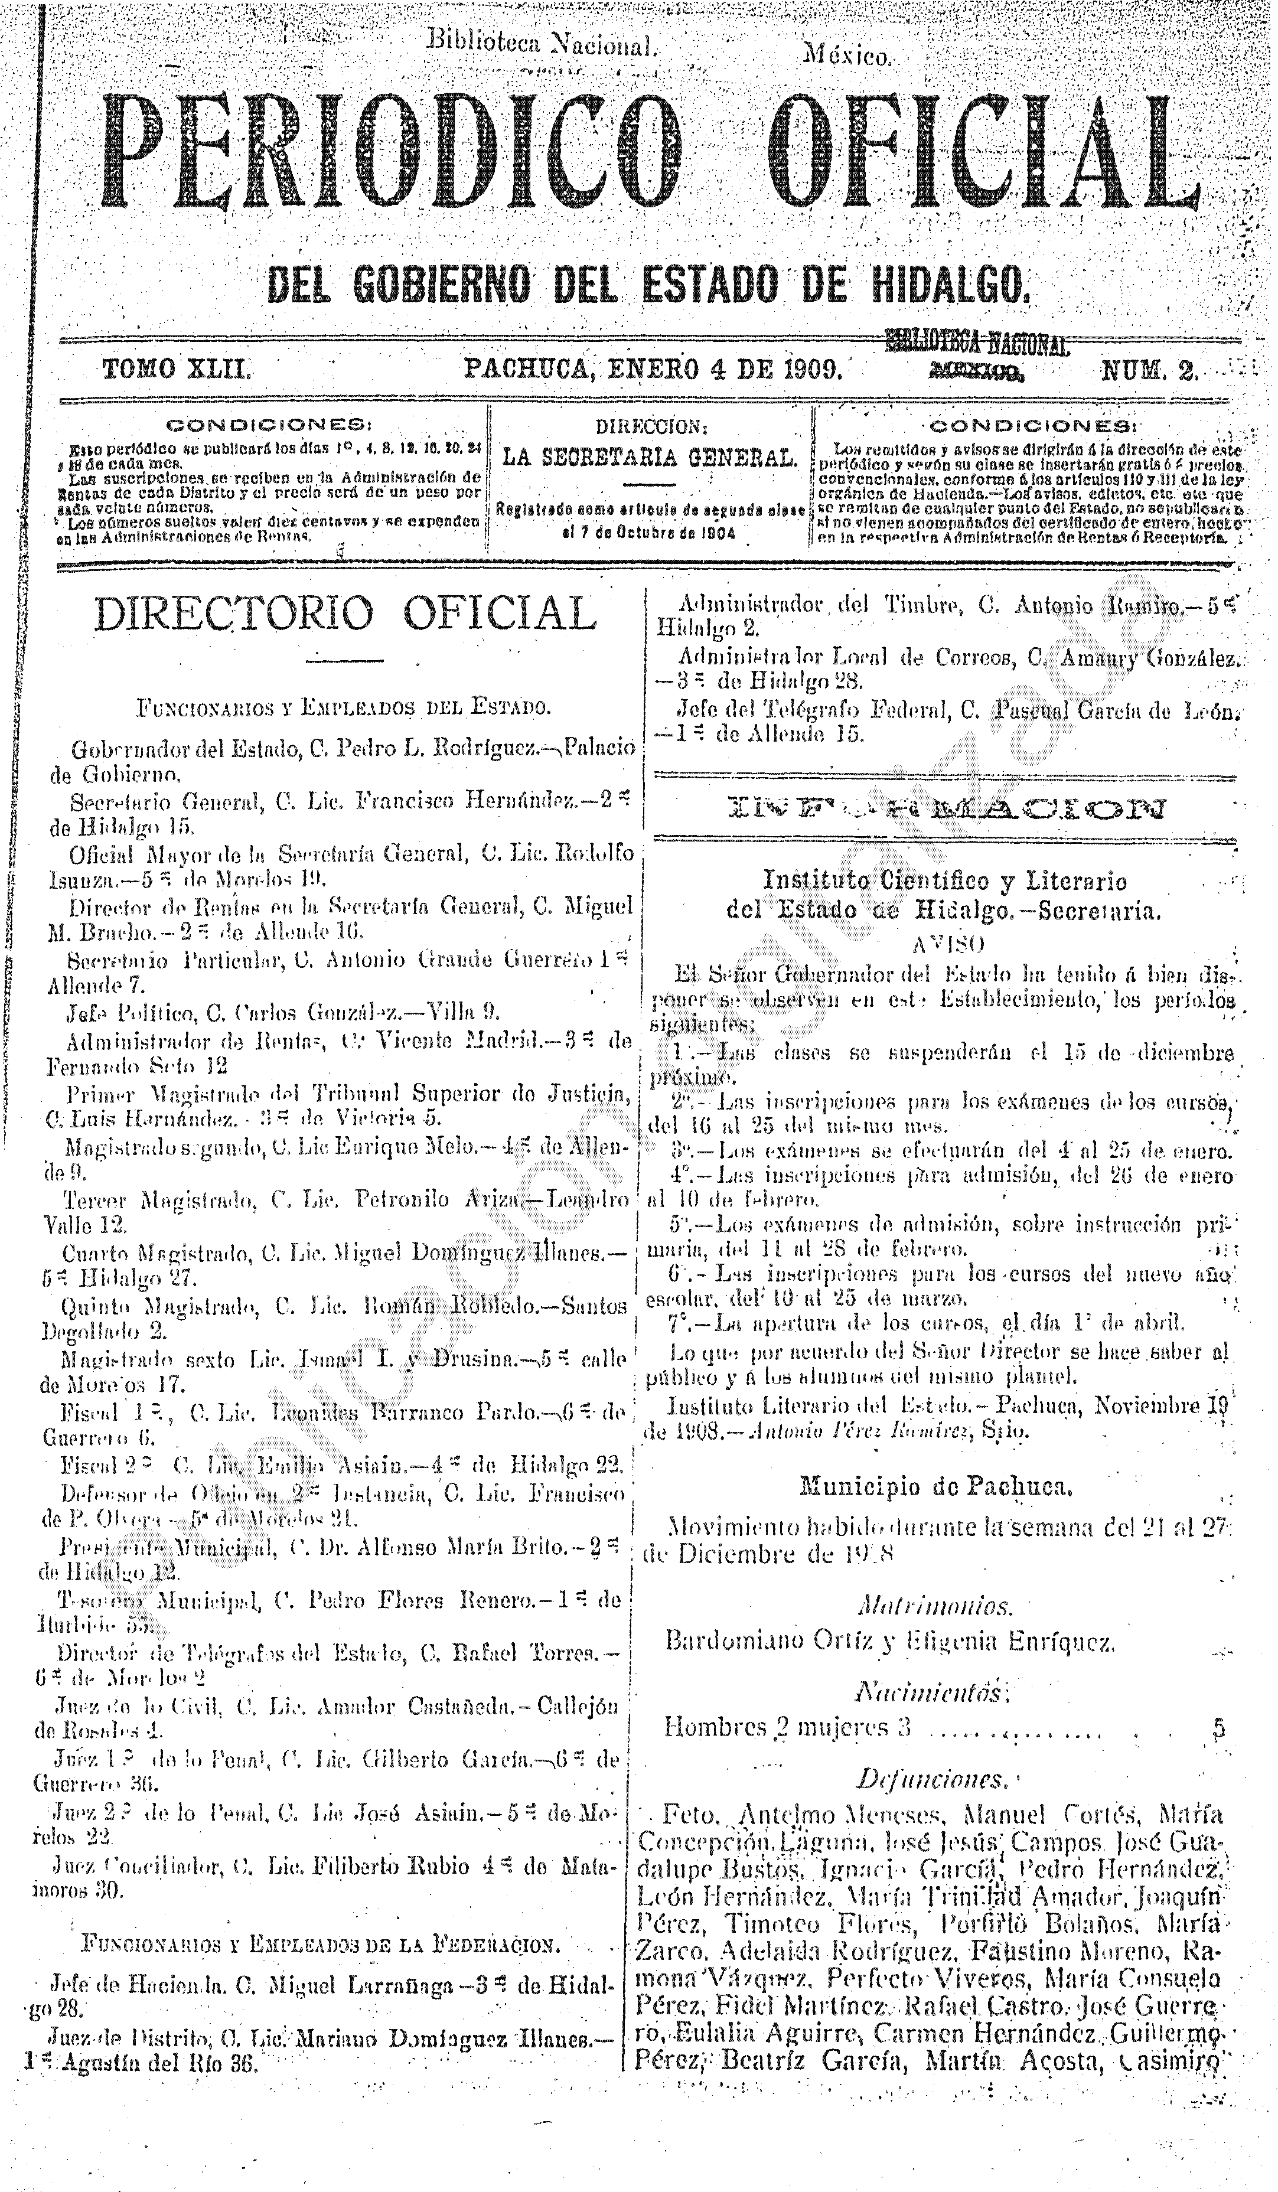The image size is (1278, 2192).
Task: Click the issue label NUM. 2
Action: [1149, 372]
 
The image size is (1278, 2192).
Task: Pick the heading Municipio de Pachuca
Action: [935, 1486]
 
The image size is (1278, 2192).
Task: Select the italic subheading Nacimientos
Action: [932, 1692]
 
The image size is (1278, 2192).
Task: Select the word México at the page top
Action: [848, 57]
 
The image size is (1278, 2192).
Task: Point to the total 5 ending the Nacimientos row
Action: [1219, 1727]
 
